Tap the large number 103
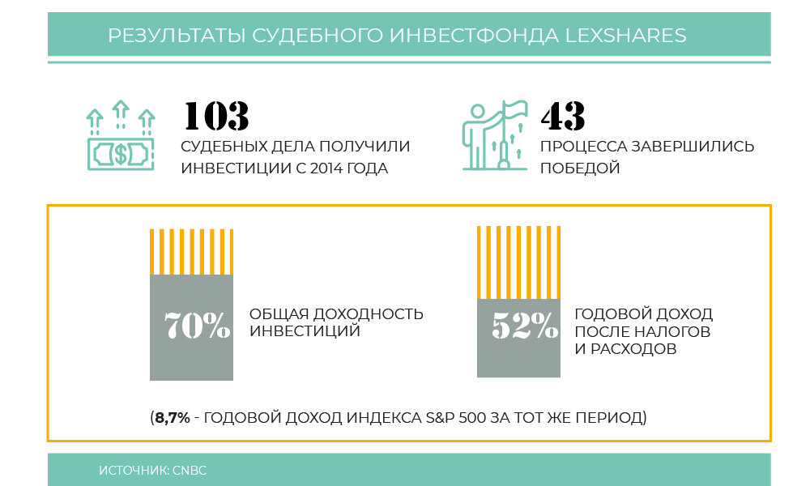216,117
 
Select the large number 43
563,117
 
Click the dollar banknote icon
120,152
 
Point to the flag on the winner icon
514,109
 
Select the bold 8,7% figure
173,418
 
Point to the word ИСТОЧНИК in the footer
133,470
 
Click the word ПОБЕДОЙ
580,168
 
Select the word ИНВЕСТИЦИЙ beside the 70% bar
305,331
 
